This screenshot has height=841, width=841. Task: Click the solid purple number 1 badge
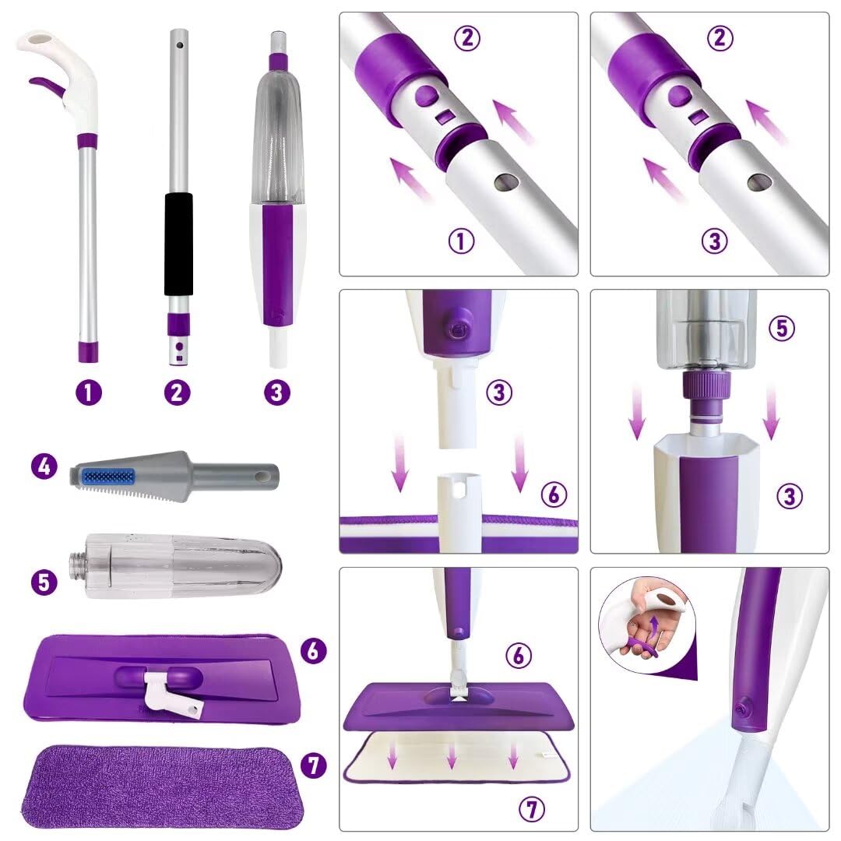click(x=89, y=392)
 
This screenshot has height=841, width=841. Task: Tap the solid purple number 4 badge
click(x=44, y=466)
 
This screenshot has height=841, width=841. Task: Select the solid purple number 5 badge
click(x=44, y=582)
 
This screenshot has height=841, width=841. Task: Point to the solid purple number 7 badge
click(x=315, y=765)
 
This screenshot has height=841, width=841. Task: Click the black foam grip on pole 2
click(x=178, y=244)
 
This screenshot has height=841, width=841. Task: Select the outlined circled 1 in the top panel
click(x=461, y=241)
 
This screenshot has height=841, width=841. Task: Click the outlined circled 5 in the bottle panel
click(x=782, y=328)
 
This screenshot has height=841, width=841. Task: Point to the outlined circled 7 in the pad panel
click(x=532, y=809)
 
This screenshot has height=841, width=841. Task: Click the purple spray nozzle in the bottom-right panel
click(x=743, y=709)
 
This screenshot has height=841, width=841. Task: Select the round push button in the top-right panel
click(x=679, y=96)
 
